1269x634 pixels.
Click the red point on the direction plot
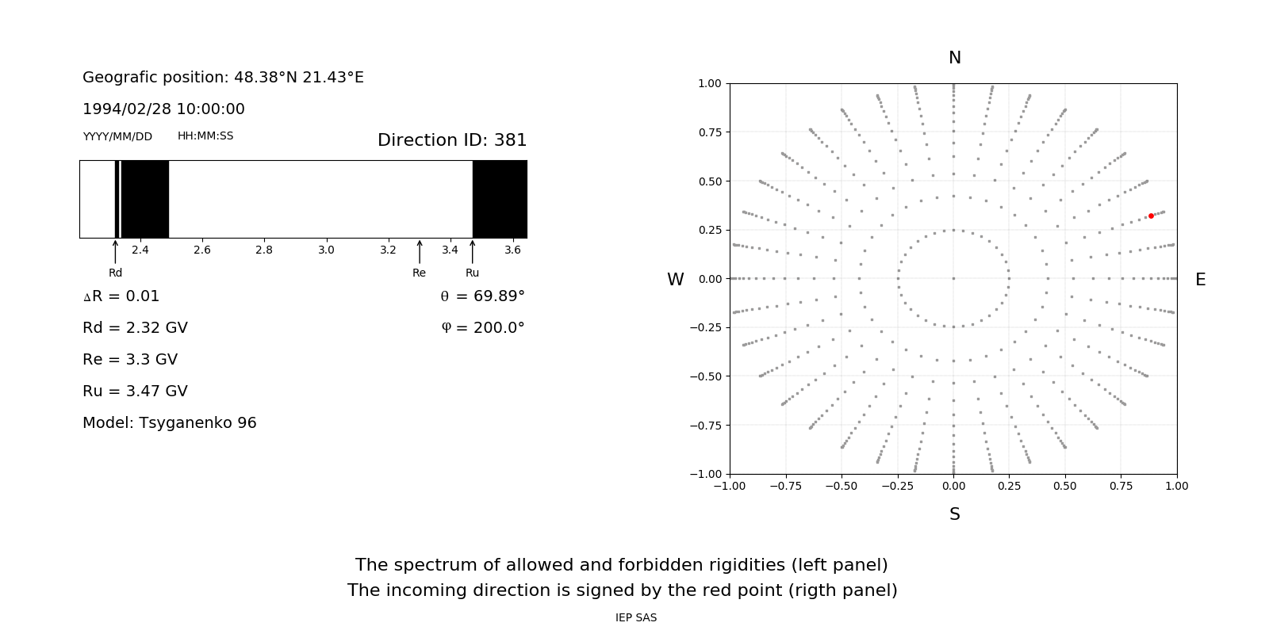tap(1151, 216)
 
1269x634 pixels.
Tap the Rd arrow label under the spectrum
tap(116, 273)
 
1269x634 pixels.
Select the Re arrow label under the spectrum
tap(419, 273)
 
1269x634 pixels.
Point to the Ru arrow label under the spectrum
tap(472, 273)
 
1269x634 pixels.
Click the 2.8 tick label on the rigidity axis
tap(264, 250)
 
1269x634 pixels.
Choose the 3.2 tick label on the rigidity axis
tap(388, 250)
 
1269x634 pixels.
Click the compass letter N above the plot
tap(954, 58)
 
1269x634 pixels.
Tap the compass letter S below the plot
tap(954, 514)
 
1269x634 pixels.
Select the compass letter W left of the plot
tap(675, 280)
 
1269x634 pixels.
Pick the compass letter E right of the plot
tap(1200, 280)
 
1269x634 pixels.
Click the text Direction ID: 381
tap(452, 140)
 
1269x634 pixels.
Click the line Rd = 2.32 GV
tap(135, 328)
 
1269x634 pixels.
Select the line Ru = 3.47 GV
tap(135, 391)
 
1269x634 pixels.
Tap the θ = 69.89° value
tap(482, 296)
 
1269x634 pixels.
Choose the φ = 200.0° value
tap(482, 328)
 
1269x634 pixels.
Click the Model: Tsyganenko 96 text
tap(170, 423)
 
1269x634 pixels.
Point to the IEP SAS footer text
tap(636, 617)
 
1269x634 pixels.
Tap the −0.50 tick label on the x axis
tap(842, 486)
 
